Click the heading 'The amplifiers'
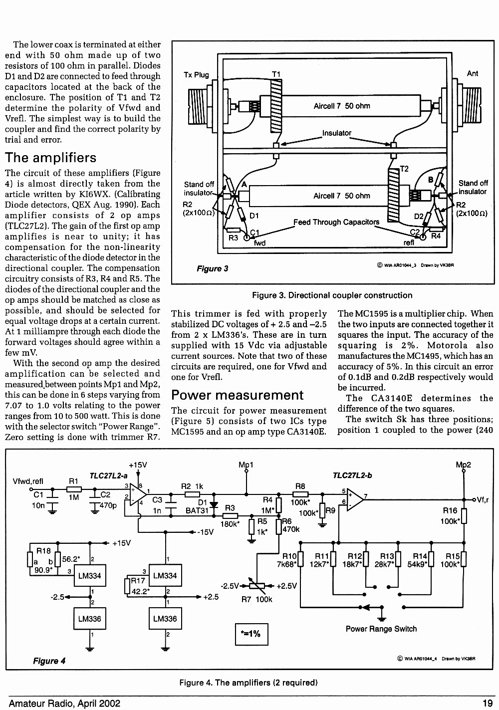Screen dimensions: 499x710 (x=50, y=158)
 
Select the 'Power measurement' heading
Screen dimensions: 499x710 (x=237, y=395)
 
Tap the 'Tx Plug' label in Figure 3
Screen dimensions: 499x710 (x=196, y=75)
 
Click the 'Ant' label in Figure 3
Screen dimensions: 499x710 (x=473, y=73)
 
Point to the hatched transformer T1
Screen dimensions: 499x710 (x=276, y=106)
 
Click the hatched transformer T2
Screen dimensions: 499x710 (x=393, y=195)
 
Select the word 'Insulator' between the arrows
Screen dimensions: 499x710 (x=336, y=133)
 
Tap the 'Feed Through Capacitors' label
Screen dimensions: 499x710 (x=336, y=222)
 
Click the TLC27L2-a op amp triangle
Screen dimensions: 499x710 (x=138, y=494)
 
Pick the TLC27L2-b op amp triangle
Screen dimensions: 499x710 (x=355, y=500)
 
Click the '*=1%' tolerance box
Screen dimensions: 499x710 (x=251, y=634)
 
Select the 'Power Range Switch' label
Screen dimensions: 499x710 (x=381, y=629)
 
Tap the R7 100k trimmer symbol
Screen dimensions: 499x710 (x=257, y=586)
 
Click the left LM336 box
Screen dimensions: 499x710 (x=90, y=618)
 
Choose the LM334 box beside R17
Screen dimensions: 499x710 (x=165, y=575)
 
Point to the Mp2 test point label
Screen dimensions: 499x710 (x=463, y=465)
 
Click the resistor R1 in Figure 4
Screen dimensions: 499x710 (x=74, y=489)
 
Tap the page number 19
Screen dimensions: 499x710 (x=488, y=704)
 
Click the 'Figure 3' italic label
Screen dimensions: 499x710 (x=213, y=268)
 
